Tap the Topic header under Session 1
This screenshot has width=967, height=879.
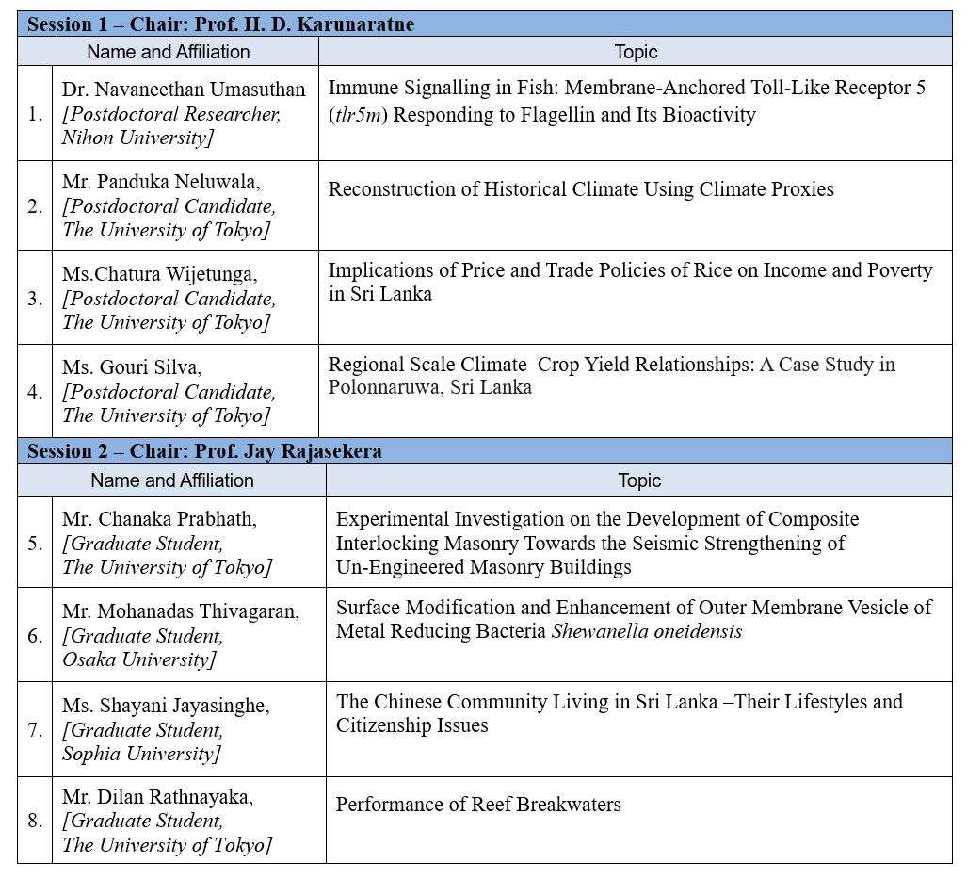pyautogui.click(x=636, y=52)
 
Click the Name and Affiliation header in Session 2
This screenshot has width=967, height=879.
pyautogui.click(x=172, y=480)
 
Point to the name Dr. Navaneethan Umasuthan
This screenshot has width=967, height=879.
pyautogui.click(x=184, y=90)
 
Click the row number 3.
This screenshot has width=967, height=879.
pyautogui.click(x=35, y=299)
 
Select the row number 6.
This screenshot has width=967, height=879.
pyautogui.click(x=35, y=636)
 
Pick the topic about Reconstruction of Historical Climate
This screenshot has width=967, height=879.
pyautogui.click(x=581, y=189)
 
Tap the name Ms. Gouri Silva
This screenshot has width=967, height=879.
pyautogui.click(x=132, y=367)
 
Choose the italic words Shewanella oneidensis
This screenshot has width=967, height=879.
pyautogui.click(x=646, y=631)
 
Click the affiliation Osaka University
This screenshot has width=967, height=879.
pyautogui.click(x=139, y=659)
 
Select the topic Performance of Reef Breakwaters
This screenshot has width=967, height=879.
pyautogui.click(x=478, y=805)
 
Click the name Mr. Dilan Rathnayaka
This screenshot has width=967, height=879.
pyautogui.click(x=157, y=797)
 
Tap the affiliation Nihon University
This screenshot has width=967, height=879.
pyautogui.click(x=137, y=138)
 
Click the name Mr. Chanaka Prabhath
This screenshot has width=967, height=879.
pyautogui.click(x=159, y=519)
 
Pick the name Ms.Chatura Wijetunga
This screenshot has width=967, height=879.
pyautogui.click(x=159, y=274)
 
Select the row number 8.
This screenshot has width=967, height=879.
pyautogui.click(x=35, y=821)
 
